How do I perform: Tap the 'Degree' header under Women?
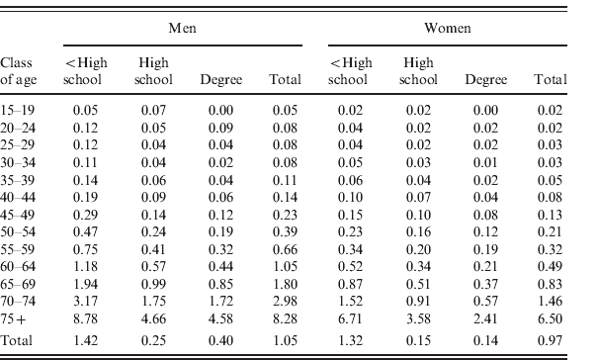pos(485,78)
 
